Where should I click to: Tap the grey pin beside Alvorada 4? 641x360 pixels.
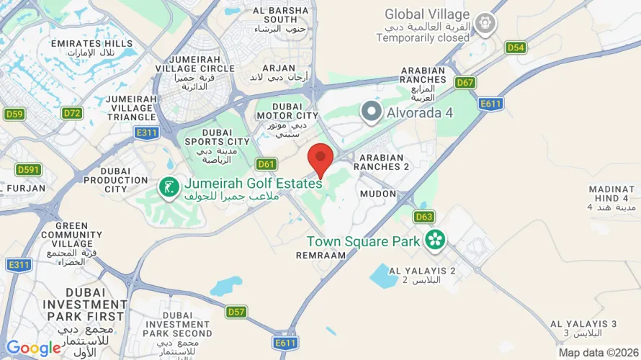click(x=371, y=112)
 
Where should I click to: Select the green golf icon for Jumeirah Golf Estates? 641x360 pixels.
click(x=169, y=188)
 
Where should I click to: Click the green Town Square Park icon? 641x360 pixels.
click(x=435, y=239)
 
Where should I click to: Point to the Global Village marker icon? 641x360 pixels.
click(x=485, y=23)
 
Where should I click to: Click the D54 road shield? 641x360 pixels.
click(x=516, y=48)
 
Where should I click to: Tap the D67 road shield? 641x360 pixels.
click(x=465, y=83)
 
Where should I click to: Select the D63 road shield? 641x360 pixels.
click(x=423, y=216)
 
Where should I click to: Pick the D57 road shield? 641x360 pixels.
click(x=236, y=312)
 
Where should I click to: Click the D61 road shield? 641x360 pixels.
click(x=266, y=164)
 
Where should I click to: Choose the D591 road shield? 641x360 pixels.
click(x=27, y=169)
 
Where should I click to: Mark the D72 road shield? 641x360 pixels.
click(x=72, y=113)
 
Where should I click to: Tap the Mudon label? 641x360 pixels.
click(x=377, y=194)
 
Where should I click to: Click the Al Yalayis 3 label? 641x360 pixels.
click(x=583, y=328)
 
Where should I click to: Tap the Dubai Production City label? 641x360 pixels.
click(x=106, y=180)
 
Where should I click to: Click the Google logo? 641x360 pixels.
click(x=33, y=348)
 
